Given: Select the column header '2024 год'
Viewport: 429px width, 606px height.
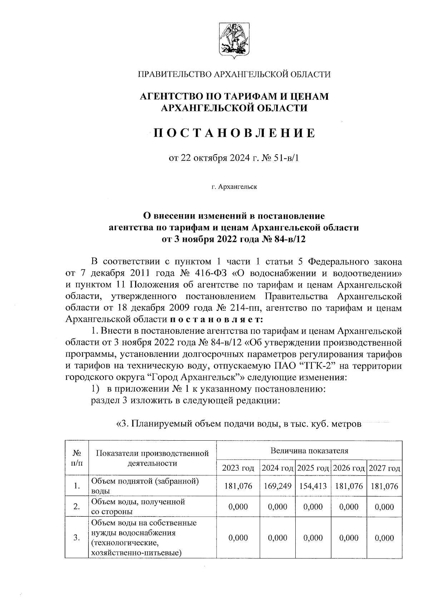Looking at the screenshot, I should [x=277, y=468].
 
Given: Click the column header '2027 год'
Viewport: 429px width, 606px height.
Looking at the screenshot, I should [x=384, y=468].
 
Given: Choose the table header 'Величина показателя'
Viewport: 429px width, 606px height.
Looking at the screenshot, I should [x=309, y=450].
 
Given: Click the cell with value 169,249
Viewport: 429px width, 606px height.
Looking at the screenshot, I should [x=277, y=486].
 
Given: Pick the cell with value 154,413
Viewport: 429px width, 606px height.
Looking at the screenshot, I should [x=313, y=486].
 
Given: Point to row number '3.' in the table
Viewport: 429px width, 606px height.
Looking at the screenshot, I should [x=76, y=538].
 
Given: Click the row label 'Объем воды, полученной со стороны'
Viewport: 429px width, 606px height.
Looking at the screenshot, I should [x=138, y=506].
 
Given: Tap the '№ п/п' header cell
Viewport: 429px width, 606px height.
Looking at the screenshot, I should [x=77, y=458].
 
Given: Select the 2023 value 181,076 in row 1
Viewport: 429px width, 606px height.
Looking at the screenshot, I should [x=238, y=486].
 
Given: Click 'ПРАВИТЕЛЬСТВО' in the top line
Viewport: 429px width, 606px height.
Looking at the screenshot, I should [x=174, y=74].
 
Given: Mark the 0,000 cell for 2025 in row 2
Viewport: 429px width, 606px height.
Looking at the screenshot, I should [x=313, y=506].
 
